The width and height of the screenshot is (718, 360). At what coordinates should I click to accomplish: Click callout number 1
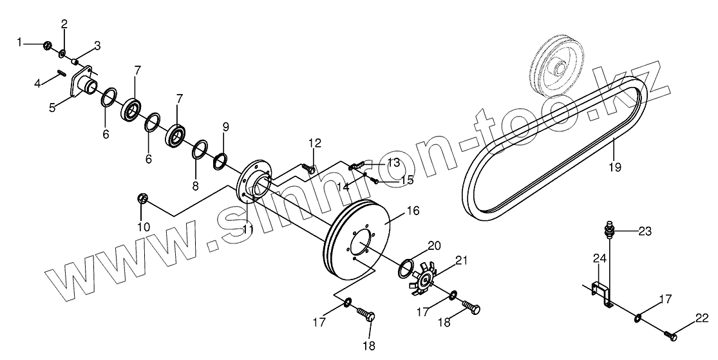tap(20, 43)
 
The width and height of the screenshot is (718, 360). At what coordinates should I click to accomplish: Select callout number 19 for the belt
tap(614, 167)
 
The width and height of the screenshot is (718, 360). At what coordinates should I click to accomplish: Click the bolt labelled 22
tap(670, 334)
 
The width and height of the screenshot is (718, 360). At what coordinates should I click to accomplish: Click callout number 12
tap(314, 143)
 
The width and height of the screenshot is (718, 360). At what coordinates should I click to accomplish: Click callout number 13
tap(393, 162)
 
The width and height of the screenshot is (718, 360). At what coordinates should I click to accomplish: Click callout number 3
tap(97, 46)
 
